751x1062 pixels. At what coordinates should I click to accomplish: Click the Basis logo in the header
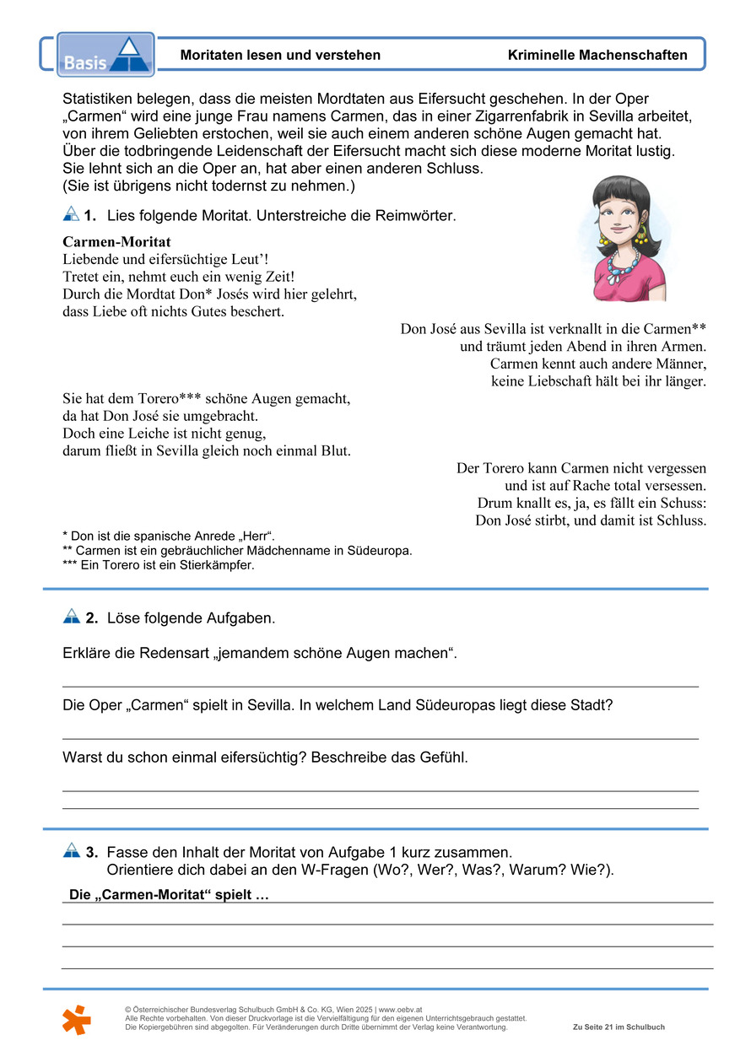105,55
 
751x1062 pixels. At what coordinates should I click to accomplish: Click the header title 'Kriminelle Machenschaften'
597,56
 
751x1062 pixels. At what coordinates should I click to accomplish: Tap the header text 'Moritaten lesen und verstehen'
280,56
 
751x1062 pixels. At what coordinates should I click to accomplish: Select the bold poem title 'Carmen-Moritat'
117,242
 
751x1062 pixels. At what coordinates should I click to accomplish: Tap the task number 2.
91,618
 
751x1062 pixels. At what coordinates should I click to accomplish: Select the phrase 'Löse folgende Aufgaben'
192,618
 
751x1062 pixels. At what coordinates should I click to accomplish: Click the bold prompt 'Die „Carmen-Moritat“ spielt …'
169,895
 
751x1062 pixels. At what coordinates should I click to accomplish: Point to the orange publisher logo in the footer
76,1019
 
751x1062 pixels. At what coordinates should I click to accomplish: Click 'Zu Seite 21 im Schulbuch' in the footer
619,1027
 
